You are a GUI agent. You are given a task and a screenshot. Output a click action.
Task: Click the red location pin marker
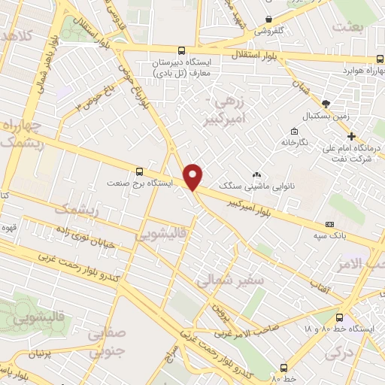pyautogui.click(x=193, y=177)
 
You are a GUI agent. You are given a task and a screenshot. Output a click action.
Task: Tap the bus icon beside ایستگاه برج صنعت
pyautogui.click(x=138, y=171)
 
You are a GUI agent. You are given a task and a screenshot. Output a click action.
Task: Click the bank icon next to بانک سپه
pyautogui.click(x=329, y=224)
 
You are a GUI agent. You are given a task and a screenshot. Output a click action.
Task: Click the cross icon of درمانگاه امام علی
pyautogui.click(x=350, y=137)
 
